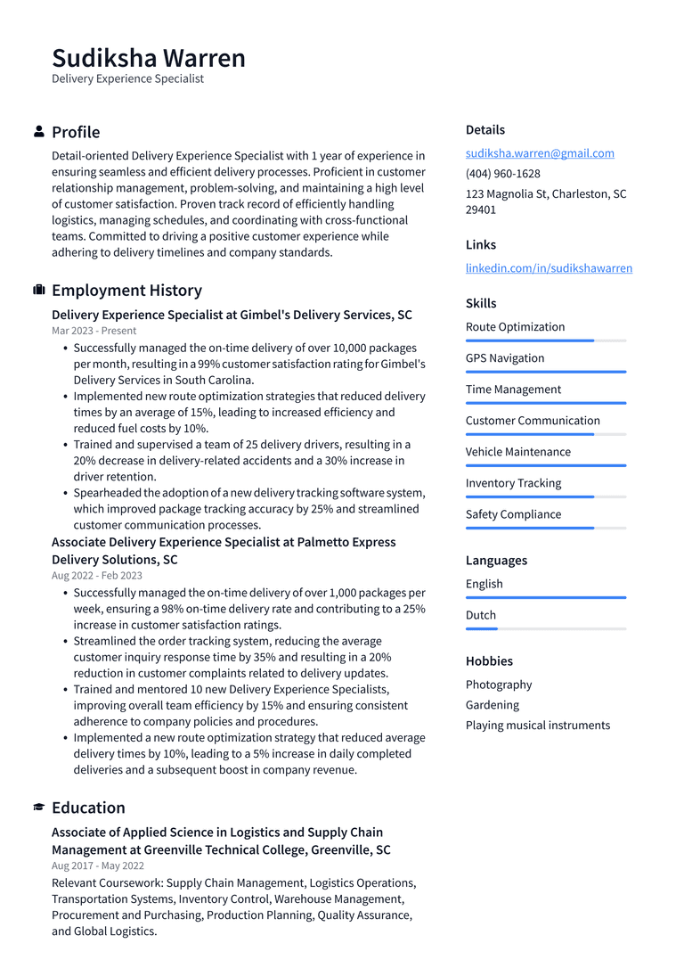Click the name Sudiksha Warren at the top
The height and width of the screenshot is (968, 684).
tap(148, 58)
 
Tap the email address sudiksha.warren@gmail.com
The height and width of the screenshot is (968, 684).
tap(540, 153)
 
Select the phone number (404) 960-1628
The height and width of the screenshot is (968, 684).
tap(502, 174)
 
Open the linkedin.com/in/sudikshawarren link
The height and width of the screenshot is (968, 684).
tap(549, 268)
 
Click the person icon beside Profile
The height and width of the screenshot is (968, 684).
tap(39, 132)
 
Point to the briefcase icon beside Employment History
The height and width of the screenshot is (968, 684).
tap(39, 291)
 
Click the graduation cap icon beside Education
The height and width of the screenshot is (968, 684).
tap(39, 808)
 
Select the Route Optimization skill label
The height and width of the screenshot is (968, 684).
tap(515, 327)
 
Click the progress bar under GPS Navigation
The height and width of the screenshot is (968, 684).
tap(545, 372)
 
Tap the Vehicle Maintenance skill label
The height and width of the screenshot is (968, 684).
tap(517, 452)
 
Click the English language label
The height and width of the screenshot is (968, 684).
tap(484, 584)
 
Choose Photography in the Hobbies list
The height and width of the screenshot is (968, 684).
tap(499, 685)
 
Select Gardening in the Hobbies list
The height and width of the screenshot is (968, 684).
tap(492, 705)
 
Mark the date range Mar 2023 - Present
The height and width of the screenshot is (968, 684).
tap(94, 331)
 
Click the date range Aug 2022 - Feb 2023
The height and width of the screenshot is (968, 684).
tap(96, 576)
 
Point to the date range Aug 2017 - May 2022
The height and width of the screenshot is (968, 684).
tap(97, 865)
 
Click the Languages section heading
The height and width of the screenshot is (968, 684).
tap(496, 561)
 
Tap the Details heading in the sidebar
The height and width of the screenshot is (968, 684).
tap(484, 130)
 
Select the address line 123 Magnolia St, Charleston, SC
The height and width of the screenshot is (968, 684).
tap(545, 194)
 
